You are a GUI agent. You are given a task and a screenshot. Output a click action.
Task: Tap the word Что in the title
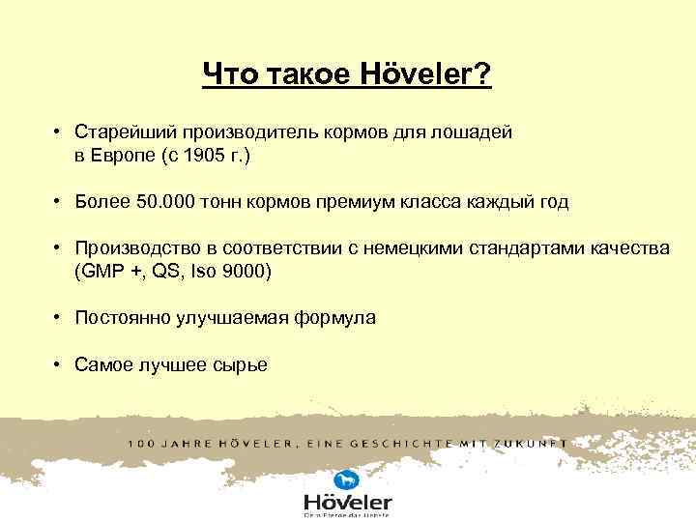pos(229,74)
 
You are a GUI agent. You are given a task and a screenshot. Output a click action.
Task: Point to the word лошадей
pos(477,132)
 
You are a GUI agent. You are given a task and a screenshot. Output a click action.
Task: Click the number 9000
pos(246,272)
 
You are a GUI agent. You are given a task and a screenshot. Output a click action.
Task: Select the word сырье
pos(243,364)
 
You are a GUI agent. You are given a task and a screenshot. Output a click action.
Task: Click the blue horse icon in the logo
pos(345,480)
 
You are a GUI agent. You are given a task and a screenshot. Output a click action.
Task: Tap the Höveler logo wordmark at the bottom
pos(348,502)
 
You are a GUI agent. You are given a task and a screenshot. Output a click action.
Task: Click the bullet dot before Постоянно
pos(59,318)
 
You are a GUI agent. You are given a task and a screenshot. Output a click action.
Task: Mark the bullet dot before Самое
pos(59,364)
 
